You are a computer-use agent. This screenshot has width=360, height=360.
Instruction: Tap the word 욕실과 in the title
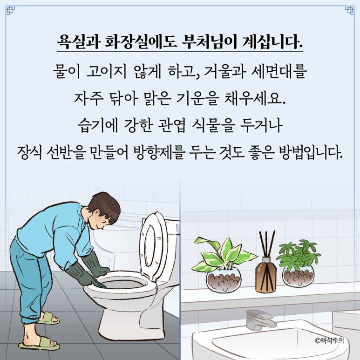(78, 42)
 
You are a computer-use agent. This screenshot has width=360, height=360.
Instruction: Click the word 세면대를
(278, 71)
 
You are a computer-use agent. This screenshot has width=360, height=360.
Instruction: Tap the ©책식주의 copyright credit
(330, 340)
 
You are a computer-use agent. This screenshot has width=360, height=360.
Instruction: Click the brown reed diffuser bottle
(265, 276)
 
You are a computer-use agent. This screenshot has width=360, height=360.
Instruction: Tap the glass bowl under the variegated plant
(223, 280)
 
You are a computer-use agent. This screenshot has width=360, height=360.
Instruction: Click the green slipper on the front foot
(40, 344)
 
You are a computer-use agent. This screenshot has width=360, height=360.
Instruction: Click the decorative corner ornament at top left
(10, 10)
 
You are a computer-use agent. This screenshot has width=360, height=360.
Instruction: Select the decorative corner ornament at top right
(350, 10)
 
